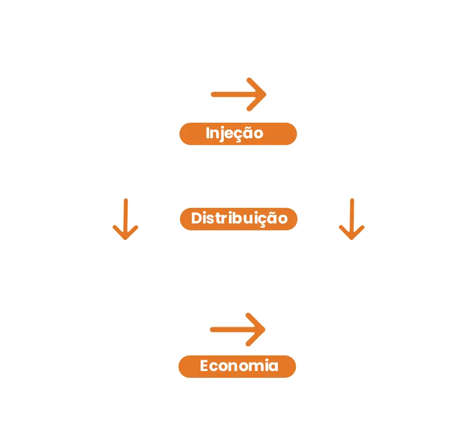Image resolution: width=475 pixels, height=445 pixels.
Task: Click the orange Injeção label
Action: click(237, 133)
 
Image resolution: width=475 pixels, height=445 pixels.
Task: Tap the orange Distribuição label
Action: click(237, 219)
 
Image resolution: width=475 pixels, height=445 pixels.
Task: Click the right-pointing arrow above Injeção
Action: click(239, 93)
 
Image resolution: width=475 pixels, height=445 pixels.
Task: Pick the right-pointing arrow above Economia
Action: click(238, 330)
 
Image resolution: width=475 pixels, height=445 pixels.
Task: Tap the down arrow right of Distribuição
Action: click(350, 219)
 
